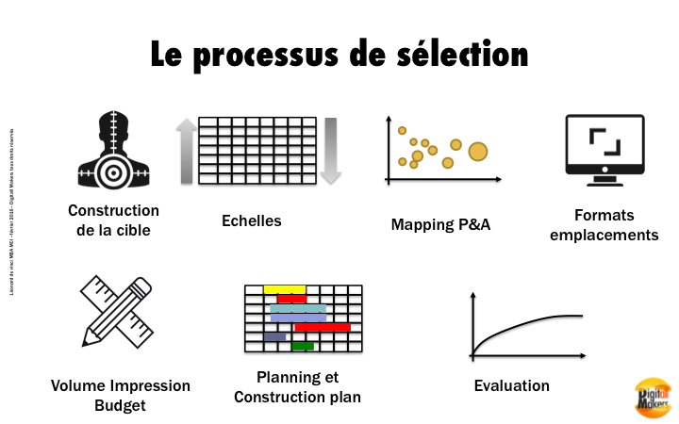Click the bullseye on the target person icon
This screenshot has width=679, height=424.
pyautogui.click(x=114, y=173)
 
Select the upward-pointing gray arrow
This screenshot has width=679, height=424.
pyautogui.click(x=186, y=151)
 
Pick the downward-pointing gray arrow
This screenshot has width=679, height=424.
pyautogui.click(x=330, y=151)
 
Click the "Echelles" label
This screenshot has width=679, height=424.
pyautogui.click(x=252, y=220)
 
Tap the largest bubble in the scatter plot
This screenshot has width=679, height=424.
pyautogui.click(x=478, y=150)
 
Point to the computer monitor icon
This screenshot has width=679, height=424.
pyautogui.click(x=604, y=146)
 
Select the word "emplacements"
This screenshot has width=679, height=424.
pyautogui.click(x=604, y=235)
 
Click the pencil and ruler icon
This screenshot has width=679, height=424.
pyautogui.click(x=117, y=312)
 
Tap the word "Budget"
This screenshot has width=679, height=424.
pyautogui.click(x=121, y=406)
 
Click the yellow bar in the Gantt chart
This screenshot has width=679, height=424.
pyautogui.click(x=285, y=288)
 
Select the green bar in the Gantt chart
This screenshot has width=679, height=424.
pyautogui.click(x=303, y=346)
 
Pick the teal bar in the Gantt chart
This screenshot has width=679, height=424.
pyautogui.click(x=298, y=308)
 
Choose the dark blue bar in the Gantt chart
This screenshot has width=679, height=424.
pyautogui.click(x=275, y=336)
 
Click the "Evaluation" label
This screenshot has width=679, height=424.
pyautogui.click(x=511, y=385)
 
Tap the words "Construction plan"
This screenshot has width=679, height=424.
pyautogui.click(x=297, y=397)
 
